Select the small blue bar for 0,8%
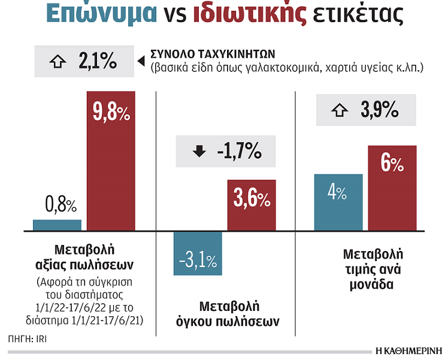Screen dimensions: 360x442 click(57, 225)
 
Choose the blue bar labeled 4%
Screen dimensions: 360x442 click(338, 202)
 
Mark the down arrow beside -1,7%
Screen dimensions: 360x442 click(199, 152)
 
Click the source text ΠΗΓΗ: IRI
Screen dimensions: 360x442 click(28, 338)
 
